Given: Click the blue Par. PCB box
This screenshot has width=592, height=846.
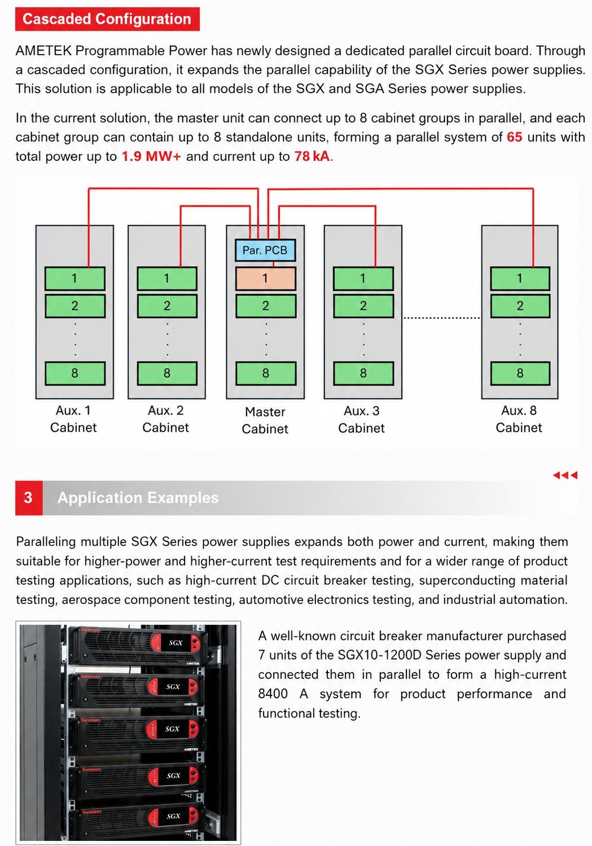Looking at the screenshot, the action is (265, 250).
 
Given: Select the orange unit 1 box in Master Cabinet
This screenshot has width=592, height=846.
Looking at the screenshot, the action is (265, 278).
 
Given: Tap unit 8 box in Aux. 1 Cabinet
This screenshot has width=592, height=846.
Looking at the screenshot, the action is (74, 373).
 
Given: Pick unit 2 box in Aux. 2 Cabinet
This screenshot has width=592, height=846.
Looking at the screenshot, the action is (167, 305).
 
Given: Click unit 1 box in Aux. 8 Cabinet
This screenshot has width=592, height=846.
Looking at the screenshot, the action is (520, 278).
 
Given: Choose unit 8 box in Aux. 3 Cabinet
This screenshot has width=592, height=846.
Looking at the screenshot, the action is (363, 373).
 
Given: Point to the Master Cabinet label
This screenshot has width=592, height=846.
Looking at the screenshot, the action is (265, 420).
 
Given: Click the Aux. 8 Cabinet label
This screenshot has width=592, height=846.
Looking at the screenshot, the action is (519, 419).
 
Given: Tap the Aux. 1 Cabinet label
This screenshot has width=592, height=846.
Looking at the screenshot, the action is (73, 419).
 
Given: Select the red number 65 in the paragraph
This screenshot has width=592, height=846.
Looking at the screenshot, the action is (514, 137).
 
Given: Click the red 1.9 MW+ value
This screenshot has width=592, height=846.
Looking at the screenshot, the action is (151, 156).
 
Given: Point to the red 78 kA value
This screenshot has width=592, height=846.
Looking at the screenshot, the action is (312, 156).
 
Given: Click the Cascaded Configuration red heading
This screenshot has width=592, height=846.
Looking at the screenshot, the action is (107, 19).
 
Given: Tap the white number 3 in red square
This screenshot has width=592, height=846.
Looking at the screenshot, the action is (28, 497).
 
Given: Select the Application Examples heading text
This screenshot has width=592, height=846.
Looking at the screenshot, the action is (138, 498).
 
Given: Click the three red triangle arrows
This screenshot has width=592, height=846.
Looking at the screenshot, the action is (565, 475).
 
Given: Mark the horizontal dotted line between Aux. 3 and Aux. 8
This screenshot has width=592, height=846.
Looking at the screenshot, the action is (442, 318).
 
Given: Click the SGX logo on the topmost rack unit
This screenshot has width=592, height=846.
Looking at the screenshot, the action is (176, 642).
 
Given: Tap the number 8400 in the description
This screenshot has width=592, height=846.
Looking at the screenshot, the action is (273, 694).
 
